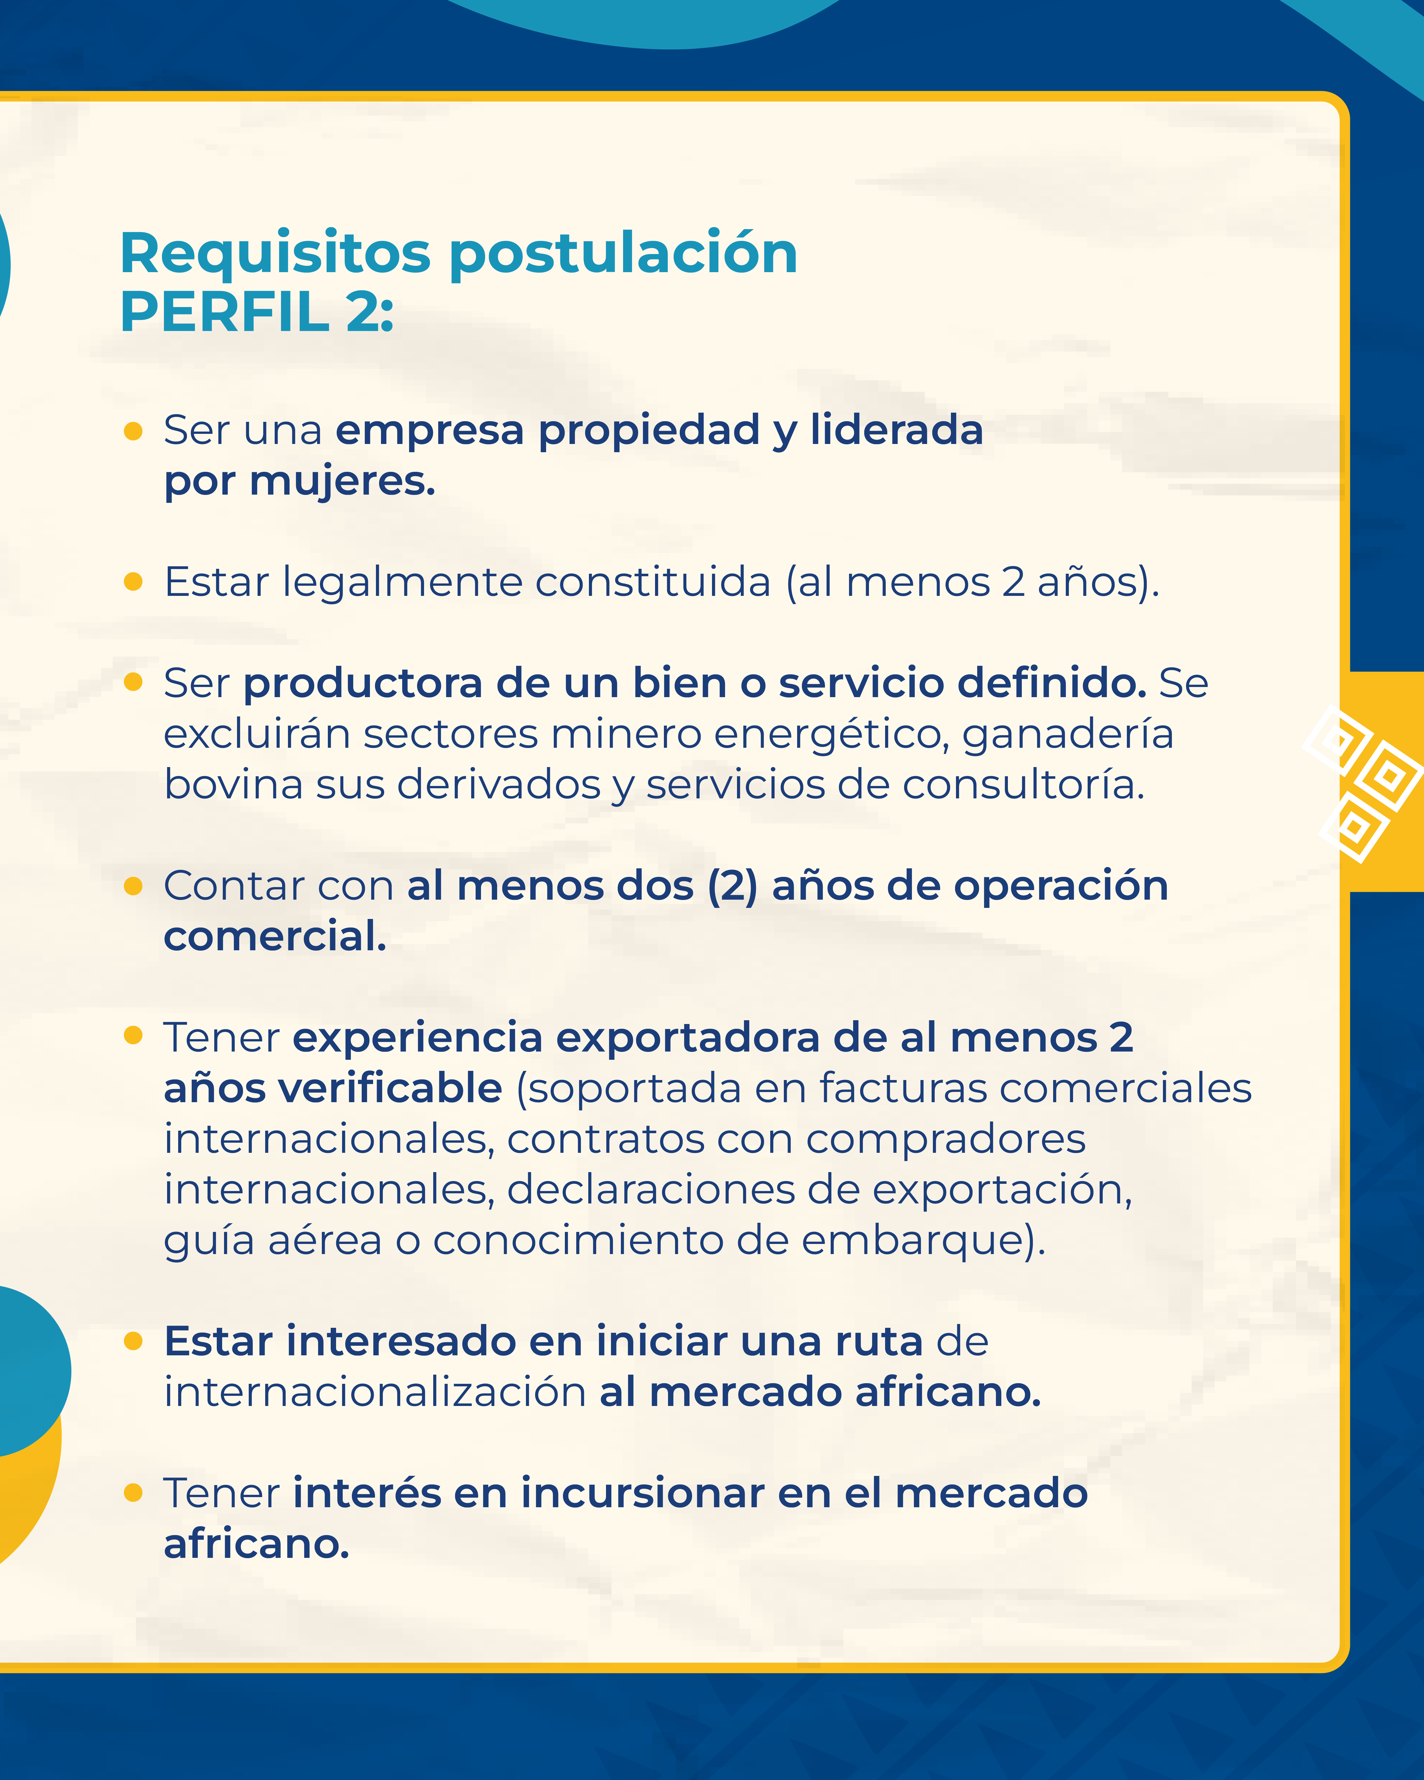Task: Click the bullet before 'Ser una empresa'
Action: [x=133, y=431]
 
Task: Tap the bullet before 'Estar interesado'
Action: [x=133, y=1342]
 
